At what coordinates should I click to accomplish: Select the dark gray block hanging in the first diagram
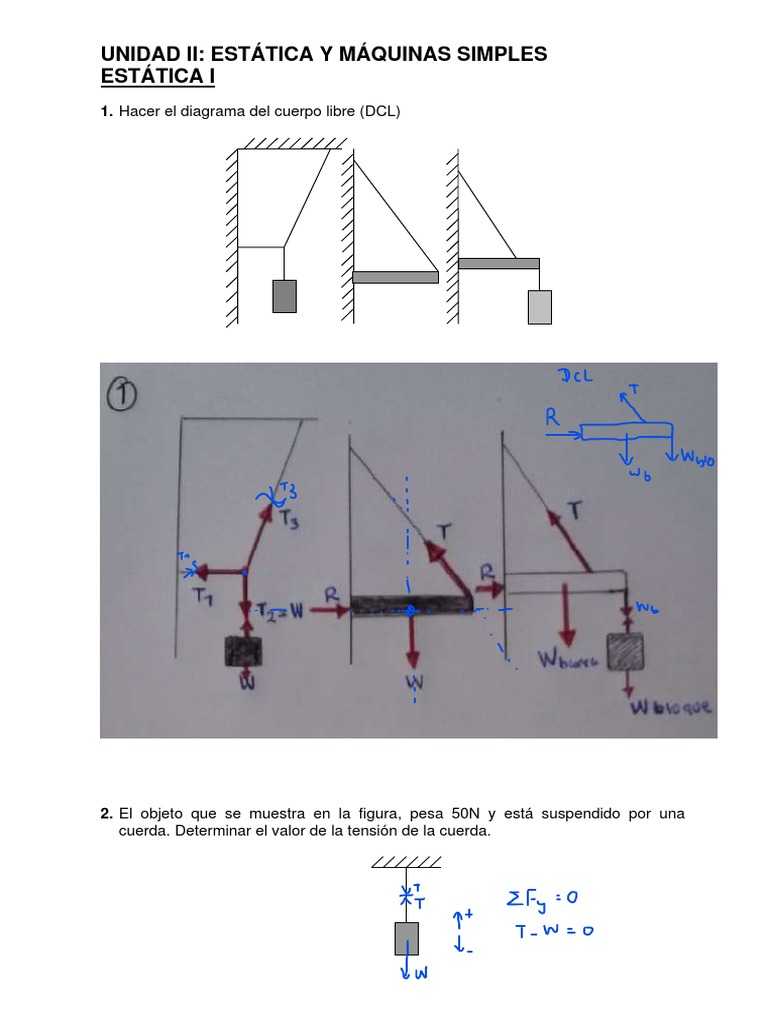[284, 297]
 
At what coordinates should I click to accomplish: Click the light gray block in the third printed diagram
[540, 306]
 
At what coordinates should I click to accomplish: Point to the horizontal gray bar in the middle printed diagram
[395, 277]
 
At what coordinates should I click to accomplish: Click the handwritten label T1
[205, 596]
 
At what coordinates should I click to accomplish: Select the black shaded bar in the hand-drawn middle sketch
[410, 606]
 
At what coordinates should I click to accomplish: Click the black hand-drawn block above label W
[244, 651]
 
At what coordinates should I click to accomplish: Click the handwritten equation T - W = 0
[554, 930]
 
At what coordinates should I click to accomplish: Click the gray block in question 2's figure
[407, 938]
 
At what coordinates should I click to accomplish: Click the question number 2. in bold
[107, 814]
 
